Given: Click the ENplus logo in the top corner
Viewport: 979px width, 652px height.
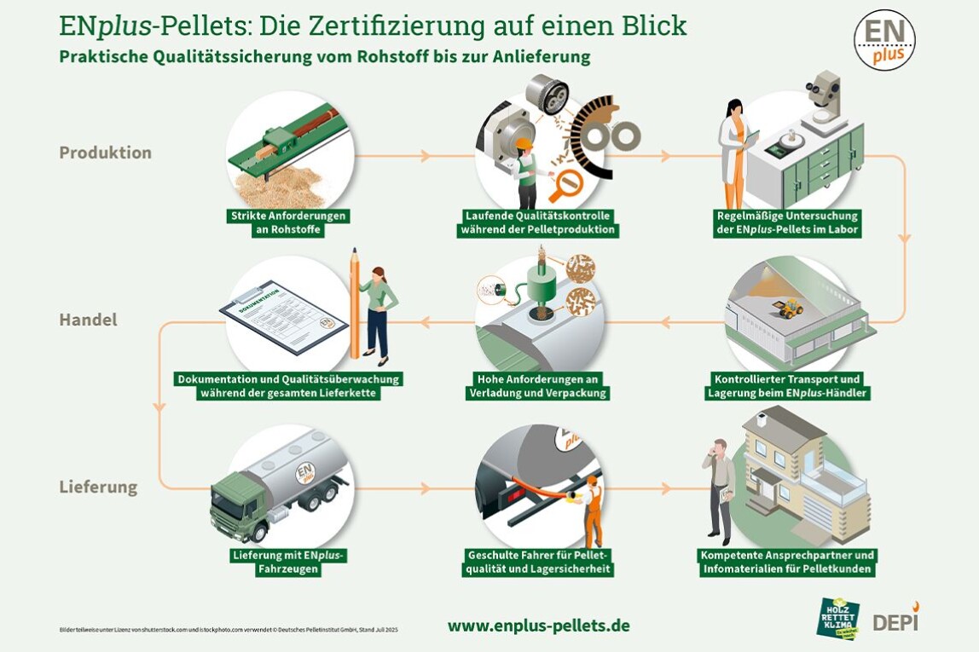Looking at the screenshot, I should click(884, 40).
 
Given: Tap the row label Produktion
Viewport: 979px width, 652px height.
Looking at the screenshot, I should click(105, 153).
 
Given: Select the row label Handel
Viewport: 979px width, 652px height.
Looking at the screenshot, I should click(88, 320).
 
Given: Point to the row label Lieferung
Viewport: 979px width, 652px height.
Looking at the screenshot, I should click(98, 488).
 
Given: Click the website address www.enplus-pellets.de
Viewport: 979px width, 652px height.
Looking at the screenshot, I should click(538, 626).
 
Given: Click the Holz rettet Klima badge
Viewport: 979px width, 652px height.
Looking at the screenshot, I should click(837, 618).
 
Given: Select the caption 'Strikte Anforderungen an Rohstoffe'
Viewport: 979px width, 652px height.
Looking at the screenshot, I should click(288, 222).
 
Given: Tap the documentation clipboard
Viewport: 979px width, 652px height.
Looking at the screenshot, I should click(284, 314).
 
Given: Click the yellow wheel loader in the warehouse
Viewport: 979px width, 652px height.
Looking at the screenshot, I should click(790, 308).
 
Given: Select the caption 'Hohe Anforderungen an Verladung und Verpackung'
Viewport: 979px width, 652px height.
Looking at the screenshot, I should click(538, 386).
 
